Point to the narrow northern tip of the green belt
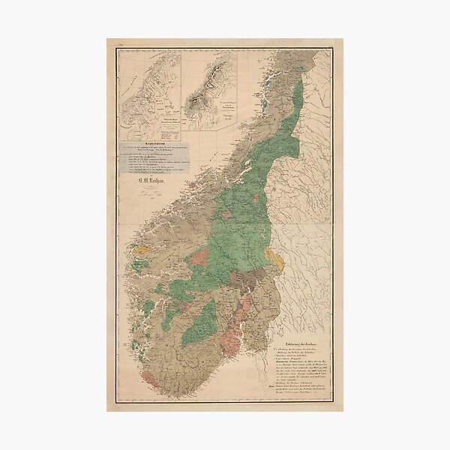(300, 82)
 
